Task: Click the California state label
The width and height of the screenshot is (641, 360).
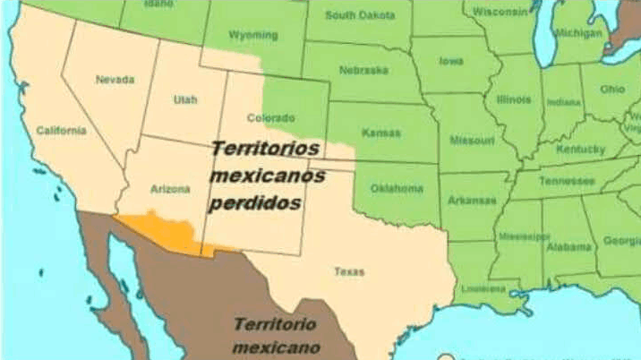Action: pos(61,130)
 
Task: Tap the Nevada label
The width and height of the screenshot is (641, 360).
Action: pos(115,80)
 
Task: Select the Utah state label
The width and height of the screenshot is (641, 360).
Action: pos(185,100)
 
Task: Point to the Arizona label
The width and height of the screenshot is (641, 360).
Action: pos(170,189)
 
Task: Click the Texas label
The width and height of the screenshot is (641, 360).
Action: pos(349,271)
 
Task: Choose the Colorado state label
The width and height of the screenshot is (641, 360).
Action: pos(270,117)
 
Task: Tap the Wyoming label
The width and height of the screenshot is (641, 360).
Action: pos(253,36)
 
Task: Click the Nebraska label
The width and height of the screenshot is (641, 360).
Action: pos(363,70)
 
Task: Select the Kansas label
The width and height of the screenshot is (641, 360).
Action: pos(380,133)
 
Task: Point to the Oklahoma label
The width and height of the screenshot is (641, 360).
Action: pos(397,189)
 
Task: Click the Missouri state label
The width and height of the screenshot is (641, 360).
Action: pos(471,141)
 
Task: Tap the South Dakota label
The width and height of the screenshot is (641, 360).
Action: pos(359,15)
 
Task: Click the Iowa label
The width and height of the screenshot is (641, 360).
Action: pos(451,63)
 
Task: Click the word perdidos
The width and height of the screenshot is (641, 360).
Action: pos(255,203)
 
